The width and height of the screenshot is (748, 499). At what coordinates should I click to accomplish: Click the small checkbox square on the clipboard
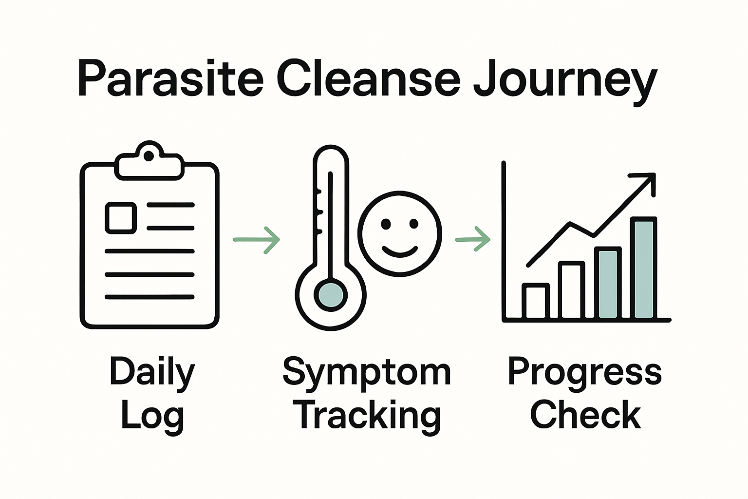click(x=120, y=217)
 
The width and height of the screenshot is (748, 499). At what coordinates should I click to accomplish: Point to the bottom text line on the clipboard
click(x=150, y=297)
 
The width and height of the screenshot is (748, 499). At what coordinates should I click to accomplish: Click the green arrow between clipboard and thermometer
click(x=257, y=239)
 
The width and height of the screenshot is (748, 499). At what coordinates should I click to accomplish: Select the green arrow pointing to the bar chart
click(x=472, y=239)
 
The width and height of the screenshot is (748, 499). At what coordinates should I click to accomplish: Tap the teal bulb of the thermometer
click(x=331, y=295)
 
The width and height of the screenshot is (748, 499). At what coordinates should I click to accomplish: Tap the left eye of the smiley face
click(x=386, y=224)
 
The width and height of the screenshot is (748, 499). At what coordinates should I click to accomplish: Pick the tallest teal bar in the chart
click(x=643, y=268)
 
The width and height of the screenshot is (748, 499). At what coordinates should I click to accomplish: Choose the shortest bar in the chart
click(x=536, y=301)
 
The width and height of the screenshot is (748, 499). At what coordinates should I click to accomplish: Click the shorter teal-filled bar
click(x=608, y=283)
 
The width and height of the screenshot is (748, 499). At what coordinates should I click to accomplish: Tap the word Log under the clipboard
click(x=152, y=416)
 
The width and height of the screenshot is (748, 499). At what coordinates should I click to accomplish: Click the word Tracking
click(x=369, y=416)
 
